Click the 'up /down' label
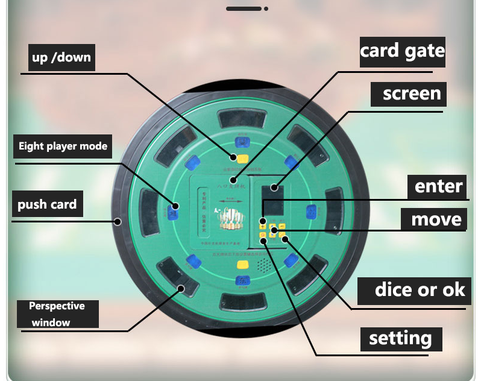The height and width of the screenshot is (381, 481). pyautogui.click(x=61, y=58)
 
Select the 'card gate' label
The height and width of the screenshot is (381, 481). pyautogui.click(x=402, y=51)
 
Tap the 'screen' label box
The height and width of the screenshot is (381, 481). pyautogui.click(x=412, y=94)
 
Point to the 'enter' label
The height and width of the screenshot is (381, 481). pyautogui.click(x=438, y=186)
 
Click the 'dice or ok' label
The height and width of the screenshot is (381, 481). pyautogui.click(x=420, y=289)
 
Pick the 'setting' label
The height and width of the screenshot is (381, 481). pyautogui.click(x=400, y=338)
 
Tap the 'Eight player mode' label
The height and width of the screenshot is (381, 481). pyautogui.click(x=63, y=146)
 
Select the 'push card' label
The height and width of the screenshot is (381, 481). pyautogui.click(x=47, y=204)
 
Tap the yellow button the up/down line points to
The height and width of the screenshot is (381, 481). pyautogui.click(x=242, y=159)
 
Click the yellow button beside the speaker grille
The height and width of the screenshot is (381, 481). pyautogui.click(x=242, y=264)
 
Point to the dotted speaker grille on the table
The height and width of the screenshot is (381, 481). pyautogui.click(x=263, y=265)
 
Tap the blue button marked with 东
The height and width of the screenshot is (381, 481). pyautogui.click(x=241, y=280)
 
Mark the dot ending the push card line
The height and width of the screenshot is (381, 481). pyautogui.click(x=118, y=221)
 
